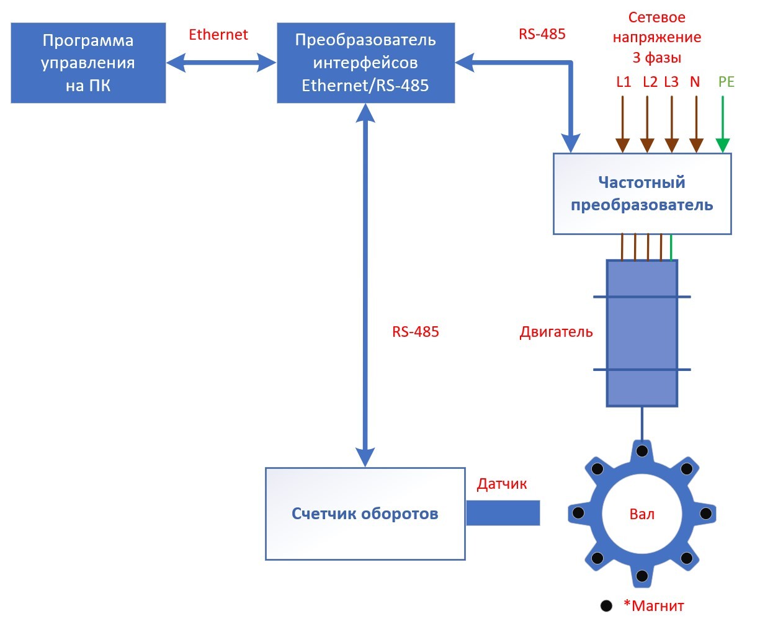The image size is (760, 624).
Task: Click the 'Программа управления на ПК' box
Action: click(x=88, y=63)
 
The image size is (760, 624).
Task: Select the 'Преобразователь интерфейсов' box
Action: click(x=365, y=63)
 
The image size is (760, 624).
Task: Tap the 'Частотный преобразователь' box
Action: click(x=642, y=194)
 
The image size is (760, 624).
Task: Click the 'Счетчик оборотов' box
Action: click(x=365, y=514)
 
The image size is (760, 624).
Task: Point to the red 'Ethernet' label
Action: click(x=218, y=35)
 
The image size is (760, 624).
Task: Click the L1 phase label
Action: click(x=624, y=82)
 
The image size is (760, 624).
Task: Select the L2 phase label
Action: click(x=650, y=82)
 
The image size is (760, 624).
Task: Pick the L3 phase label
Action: click(x=671, y=82)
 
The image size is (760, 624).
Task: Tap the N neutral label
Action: click(x=695, y=82)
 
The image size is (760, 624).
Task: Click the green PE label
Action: click(x=726, y=82)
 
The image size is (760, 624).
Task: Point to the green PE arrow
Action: click(x=722, y=124)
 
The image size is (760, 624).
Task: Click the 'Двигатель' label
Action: click(x=556, y=332)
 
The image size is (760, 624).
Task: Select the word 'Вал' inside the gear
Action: click(x=642, y=514)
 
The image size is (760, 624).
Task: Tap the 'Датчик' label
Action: click(x=502, y=484)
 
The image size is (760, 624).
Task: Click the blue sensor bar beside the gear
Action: click(x=503, y=513)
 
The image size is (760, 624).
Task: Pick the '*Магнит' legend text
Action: click(x=654, y=605)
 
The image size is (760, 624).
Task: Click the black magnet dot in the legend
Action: click(x=606, y=606)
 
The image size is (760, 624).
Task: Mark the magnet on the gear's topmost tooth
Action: click(x=642, y=450)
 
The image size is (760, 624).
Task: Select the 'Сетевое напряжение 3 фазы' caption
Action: click(x=656, y=37)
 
